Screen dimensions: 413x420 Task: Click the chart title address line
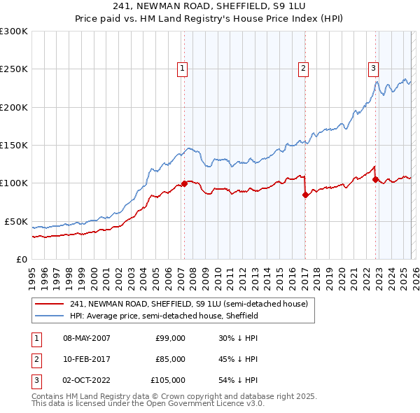209,8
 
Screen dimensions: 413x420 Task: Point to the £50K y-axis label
15,221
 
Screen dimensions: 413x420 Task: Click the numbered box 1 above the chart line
182,68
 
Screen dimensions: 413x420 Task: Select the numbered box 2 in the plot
303,68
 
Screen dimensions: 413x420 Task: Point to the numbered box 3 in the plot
373,68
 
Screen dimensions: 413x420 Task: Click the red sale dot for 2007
184,184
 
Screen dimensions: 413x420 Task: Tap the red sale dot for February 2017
305,195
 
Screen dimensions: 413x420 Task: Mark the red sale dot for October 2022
375,180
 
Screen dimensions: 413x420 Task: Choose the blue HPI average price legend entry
164,316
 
